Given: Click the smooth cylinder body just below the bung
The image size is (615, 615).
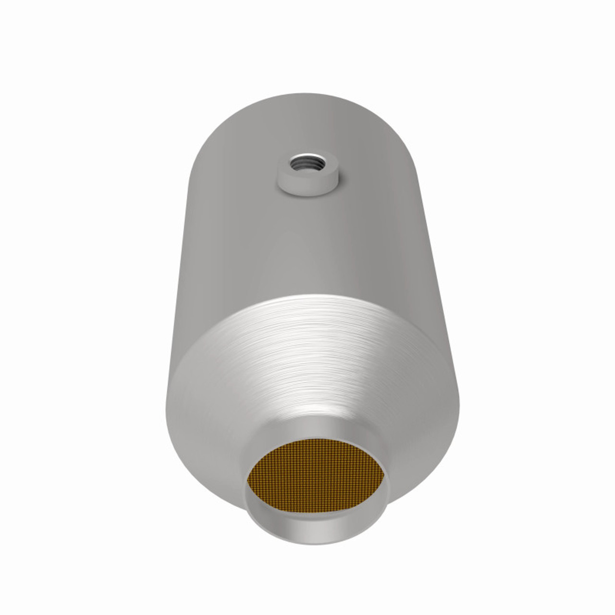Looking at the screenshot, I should tap(307, 231).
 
